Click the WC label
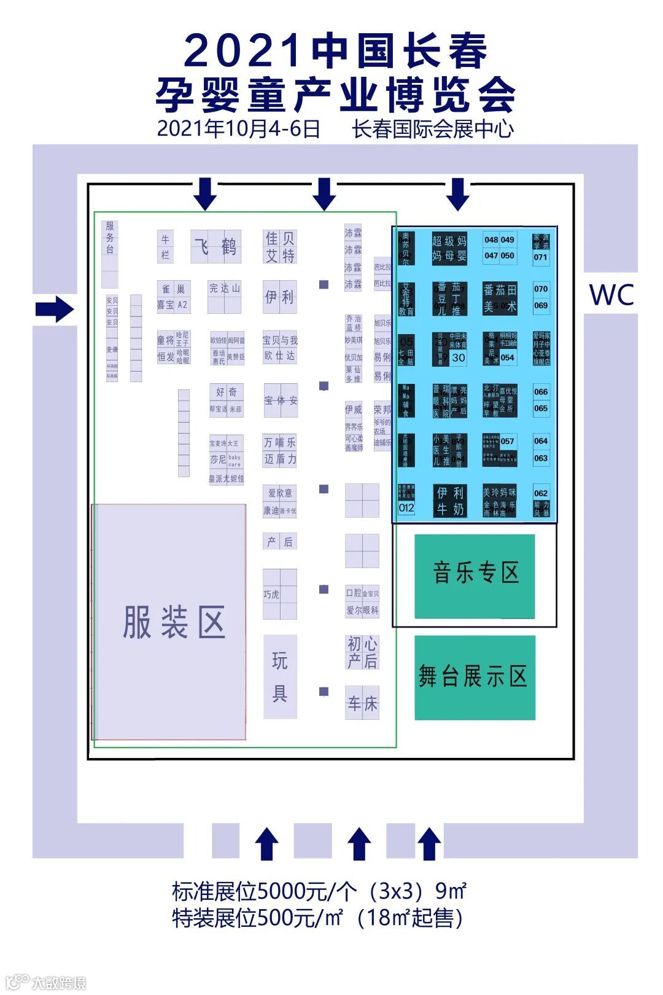coord(611,295)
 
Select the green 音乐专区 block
coord(475,576)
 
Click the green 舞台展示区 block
coord(475,677)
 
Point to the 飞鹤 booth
coord(215,246)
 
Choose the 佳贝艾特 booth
coord(280,246)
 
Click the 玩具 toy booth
coord(280,676)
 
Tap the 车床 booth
coord(362,703)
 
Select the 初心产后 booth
coord(362,652)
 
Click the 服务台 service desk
coord(110,238)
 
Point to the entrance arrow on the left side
coord(54,309)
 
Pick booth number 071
coord(540,257)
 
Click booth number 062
coord(540,493)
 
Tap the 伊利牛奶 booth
coord(450,501)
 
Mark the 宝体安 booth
coord(281,400)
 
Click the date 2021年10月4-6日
coord(238,129)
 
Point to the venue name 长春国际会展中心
coord(433,129)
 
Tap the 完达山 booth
coord(225,288)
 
